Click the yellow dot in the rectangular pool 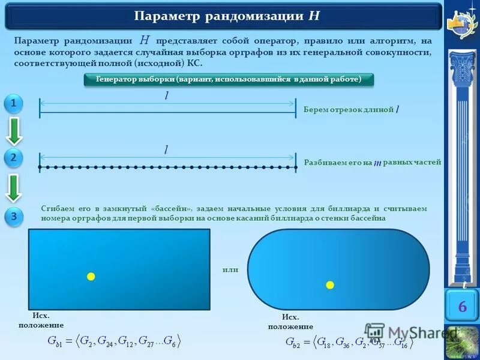pyautogui.click(x=91, y=277)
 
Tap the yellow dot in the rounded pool pyautogui.click(x=330, y=284)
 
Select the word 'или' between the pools pyautogui.click(x=230, y=269)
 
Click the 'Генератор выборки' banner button pyautogui.click(x=227, y=80)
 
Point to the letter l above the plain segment pyautogui.click(x=166, y=97)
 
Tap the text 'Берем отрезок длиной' pyautogui.click(x=349, y=110)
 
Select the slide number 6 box pyautogui.click(x=462, y=307)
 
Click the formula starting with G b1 pyautogui.click(x=114, y=342)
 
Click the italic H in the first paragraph pyautogui.click(x=145, y=41)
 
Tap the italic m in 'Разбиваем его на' pyautogui.click(x=377, y=163)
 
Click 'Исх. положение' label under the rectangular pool pyautogui.click(x=41, y=320)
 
